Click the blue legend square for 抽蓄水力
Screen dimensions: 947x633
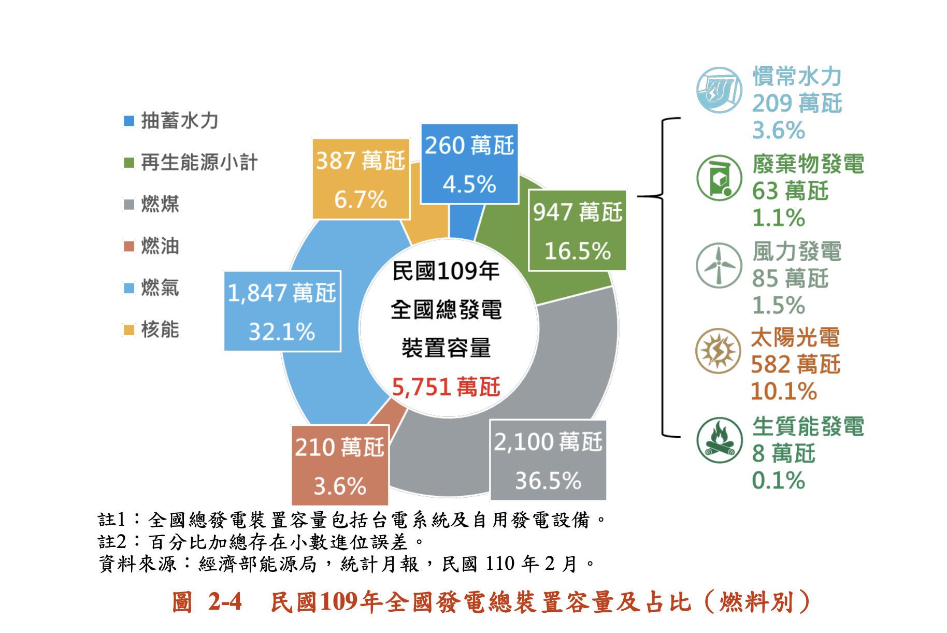[129, 121]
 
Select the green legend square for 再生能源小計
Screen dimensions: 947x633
[129, 163]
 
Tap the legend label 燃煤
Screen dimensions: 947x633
[160, 204]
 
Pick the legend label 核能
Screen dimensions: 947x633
[160, 329]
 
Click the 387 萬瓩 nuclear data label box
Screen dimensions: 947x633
[361, 179]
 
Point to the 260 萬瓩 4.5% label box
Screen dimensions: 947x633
[469, 164]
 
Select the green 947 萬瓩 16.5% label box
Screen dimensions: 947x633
[577, 231]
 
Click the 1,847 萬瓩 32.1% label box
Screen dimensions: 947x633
[282, 311]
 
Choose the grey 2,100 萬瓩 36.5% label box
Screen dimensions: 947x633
[548, 460]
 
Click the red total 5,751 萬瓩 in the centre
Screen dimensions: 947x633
[446, 387]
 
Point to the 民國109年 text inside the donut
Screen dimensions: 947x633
[446, 271]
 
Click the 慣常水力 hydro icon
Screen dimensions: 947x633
[719, 90]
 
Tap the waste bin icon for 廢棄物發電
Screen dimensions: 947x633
[719, 178]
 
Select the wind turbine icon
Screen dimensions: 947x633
[719, 265]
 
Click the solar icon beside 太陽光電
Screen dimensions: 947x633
[718, 351]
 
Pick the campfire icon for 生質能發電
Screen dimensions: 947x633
[719, 440]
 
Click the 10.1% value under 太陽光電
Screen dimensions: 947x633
[784, 391]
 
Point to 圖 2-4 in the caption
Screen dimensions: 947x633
[207, 602]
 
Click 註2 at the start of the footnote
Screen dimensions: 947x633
[112, 542]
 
